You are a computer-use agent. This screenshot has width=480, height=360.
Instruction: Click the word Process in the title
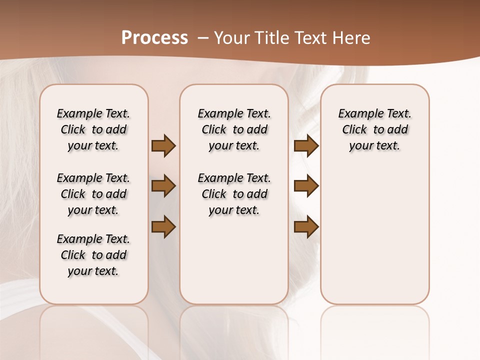tap(154, 38)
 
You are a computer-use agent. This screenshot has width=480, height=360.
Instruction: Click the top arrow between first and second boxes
tap(163, 145)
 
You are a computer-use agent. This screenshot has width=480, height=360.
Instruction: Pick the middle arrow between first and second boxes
tap(163, 186)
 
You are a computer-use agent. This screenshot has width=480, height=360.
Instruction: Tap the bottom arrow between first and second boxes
tap(163, 226)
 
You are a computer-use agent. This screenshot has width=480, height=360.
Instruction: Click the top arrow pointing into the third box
tap(306, 145)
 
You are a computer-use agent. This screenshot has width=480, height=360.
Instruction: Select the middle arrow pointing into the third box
tap(306, 186)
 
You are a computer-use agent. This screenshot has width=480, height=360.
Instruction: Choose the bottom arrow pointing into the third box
tap(306, 226)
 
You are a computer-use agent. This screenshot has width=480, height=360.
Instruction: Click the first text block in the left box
tap(93, 129)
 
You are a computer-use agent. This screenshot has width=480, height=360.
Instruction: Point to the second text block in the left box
tap(93, 194)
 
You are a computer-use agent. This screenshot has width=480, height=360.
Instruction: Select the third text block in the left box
tap(93, 255)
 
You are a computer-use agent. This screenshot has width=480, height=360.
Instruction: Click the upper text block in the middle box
tap(234, 129)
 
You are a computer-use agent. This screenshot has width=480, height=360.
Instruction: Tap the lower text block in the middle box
tap(234, 194)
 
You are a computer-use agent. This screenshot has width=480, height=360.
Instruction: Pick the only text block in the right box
tap(374, 129)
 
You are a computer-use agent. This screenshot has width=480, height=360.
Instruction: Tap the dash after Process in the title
tap(202, 38)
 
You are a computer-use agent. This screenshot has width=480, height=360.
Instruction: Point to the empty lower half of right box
tap(374, 240)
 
